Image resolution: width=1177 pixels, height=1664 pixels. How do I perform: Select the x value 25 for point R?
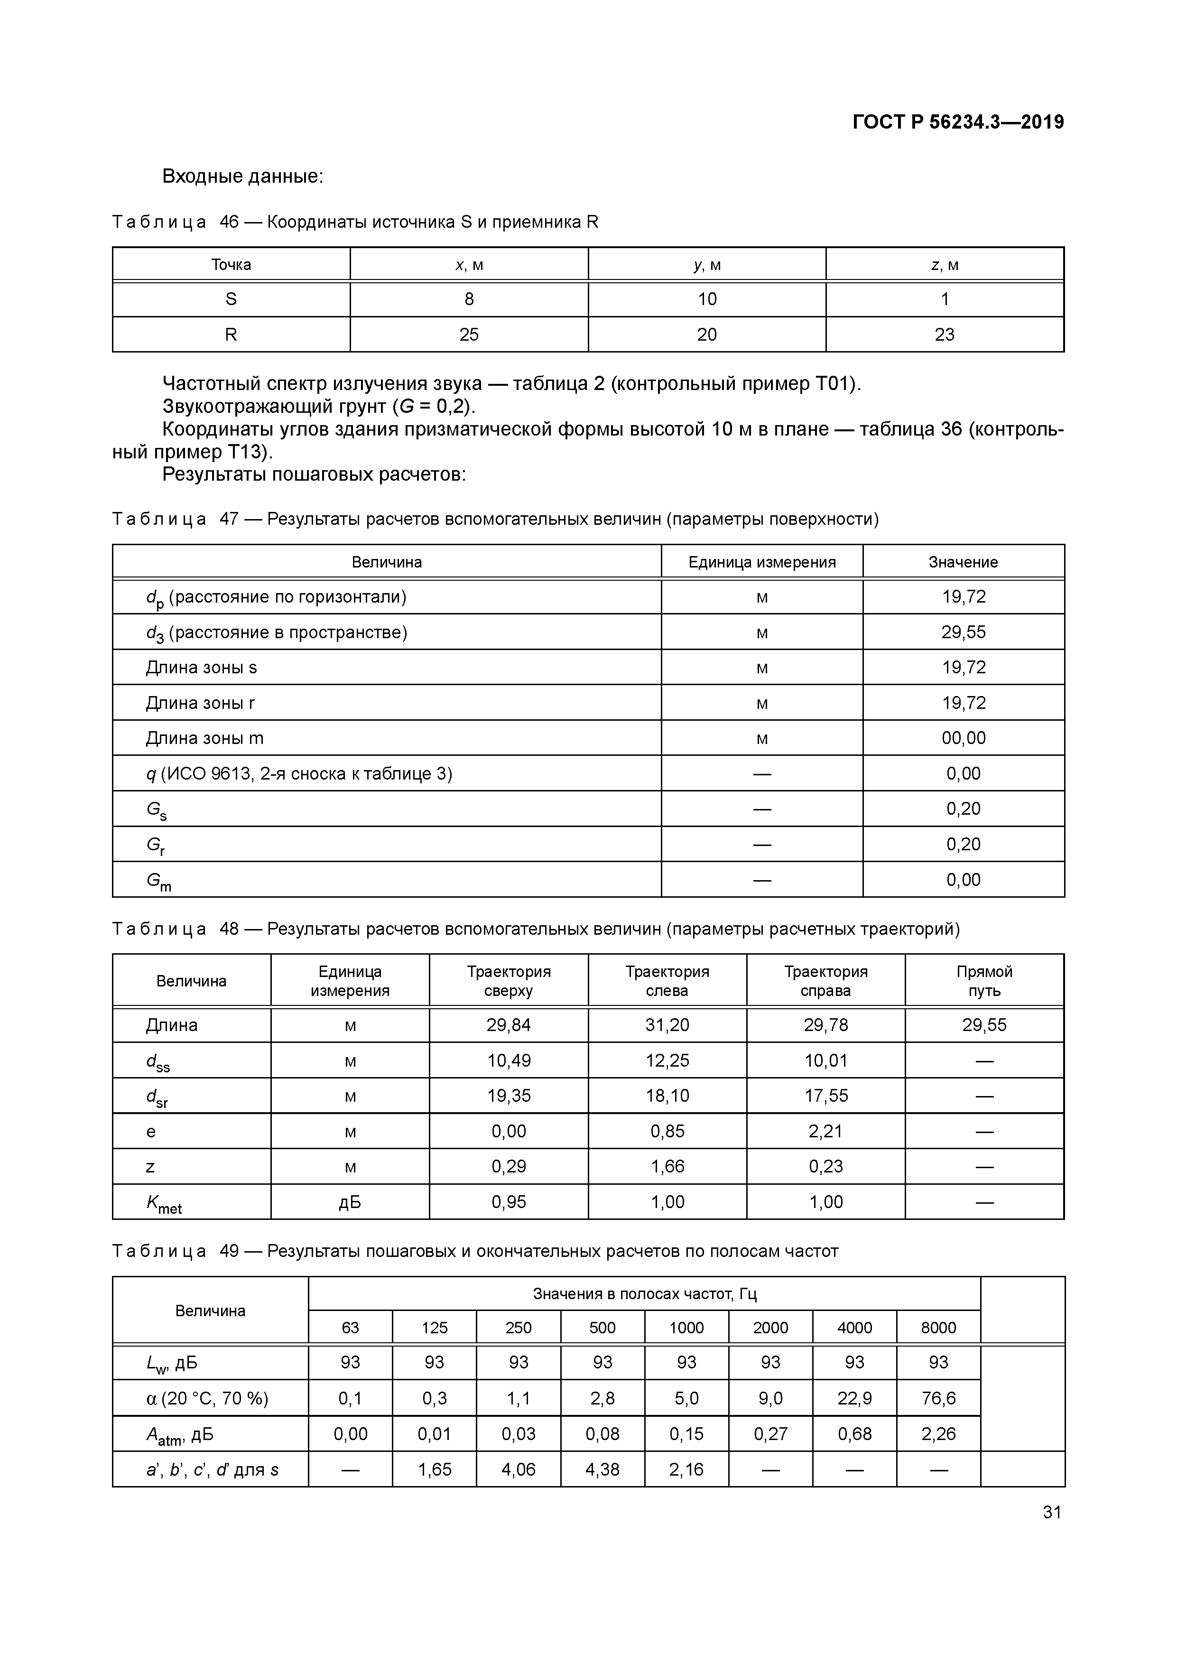pyautogui.click(x=469, y=334)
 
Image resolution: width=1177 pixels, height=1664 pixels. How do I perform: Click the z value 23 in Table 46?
pyautogui.click(x=945, y=334)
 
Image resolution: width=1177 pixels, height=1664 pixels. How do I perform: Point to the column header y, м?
pyautogui.click(x=707, y=265)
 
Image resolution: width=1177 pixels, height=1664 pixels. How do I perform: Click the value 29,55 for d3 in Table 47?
pyautogui.click(x=963, y=632)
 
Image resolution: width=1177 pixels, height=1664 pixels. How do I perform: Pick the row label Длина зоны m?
pyautogui.click(x=204, y=738)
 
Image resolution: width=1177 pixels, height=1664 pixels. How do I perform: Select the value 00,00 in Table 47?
pyautogui.click(x=963, y=738)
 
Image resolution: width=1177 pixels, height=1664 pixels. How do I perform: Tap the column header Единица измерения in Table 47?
pyautogui.click(x=762, y=562)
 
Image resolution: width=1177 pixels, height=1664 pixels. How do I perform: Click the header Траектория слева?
pyautogui.click(x=667, y=981)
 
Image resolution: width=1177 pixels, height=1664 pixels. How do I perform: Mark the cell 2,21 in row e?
pyautogui.click(x=825, y=1131)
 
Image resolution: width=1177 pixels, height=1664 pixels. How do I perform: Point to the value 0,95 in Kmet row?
pyautogui.click(x=509, y=1201)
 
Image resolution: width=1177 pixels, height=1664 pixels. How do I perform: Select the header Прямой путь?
pyautogui.click(x=983, y=981)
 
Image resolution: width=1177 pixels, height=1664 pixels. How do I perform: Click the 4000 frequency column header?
pyautogui.click(x=854, y=1327)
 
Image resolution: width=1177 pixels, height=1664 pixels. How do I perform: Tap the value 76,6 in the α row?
pyautogui.click(x=938, y=1397)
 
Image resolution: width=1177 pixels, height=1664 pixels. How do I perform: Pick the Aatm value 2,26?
pyautogui.click(x=938, y=1433)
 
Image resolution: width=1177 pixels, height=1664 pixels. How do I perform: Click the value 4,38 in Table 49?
pyautogui.click(x=602, y=1469)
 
